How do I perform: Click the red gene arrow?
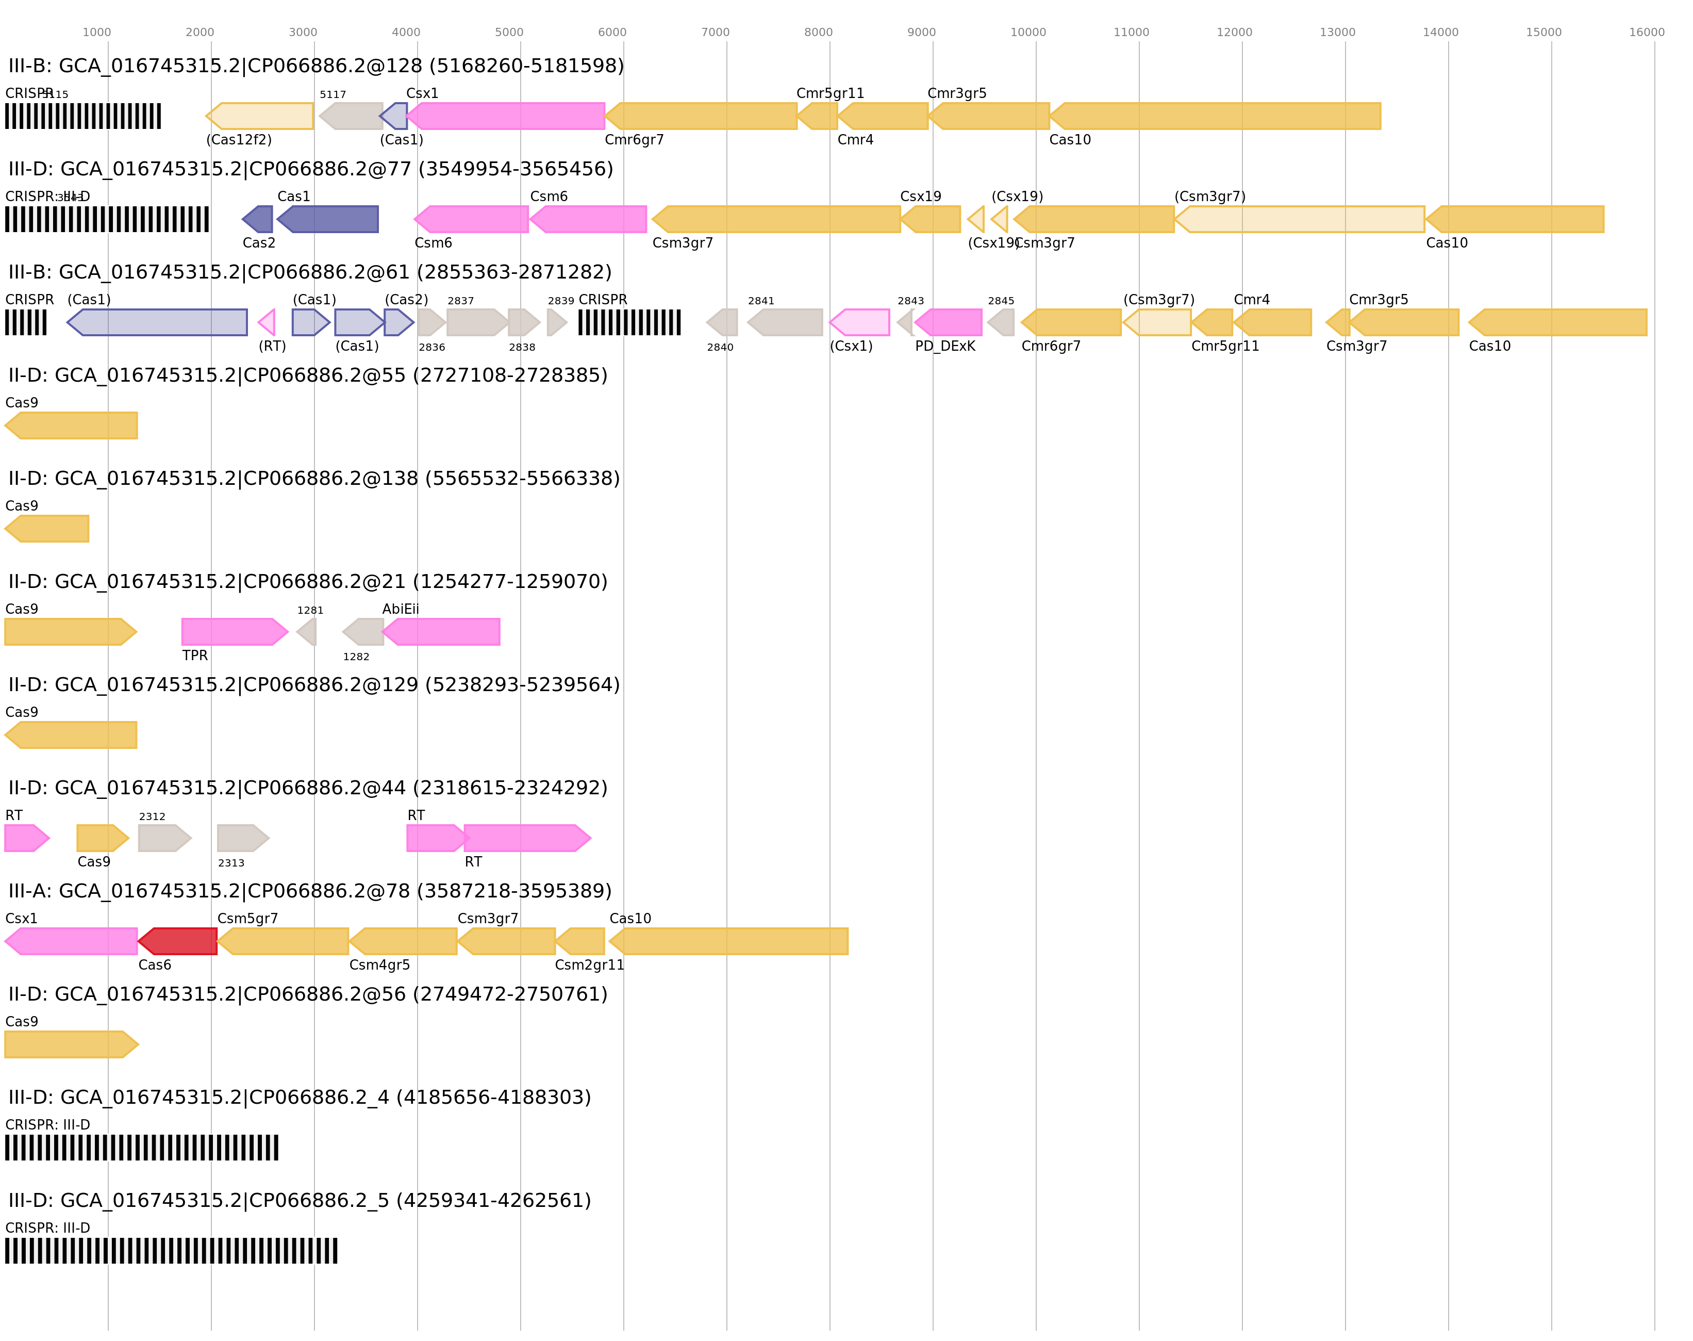(x=178, y=941)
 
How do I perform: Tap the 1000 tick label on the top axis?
(x=96, y=32)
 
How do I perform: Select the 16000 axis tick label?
(x=1646, y=32)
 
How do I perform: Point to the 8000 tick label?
(x=818, y=32)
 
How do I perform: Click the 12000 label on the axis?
(x=1234, y=32)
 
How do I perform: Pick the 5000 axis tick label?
(x=509, y=32)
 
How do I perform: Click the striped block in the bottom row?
(x=171, y=1251)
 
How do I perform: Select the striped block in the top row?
(x=82, y=116)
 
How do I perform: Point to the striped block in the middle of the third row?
(x=629, y=323)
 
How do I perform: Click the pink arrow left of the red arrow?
(x=72, y=941)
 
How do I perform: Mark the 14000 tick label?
(x=1440, y=32)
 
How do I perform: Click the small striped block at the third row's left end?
(x=26, y=323)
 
